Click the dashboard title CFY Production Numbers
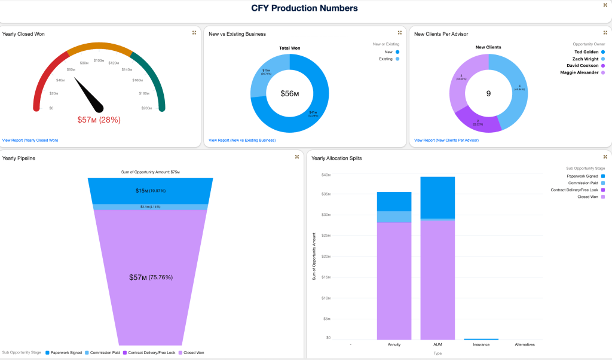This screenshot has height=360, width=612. pyautogui.click(x=305, y=8)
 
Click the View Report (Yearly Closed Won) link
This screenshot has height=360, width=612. pyautogui.click(x=30, y=140)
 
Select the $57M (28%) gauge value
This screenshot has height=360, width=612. pyautogui.click(x=99, y=120)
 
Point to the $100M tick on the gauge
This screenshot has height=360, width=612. pyautogui.click(x=99, y=60)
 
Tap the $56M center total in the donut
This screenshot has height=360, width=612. pyautogui.click(x=290, y=93)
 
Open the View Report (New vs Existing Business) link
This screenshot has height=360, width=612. pyautogui.click(x=242, y=140)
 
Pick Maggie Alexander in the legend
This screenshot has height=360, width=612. pyautogui.click(x=579, y=72)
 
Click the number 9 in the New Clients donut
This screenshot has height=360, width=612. pyautogui.click(x=488, y=93)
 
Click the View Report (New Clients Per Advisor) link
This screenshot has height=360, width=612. pyautogui.click(x=446, y=140)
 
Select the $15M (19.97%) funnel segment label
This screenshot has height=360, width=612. pyautogui.click(x=150, y=191)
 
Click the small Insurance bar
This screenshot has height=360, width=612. pyautogui.click(x=481, y=339)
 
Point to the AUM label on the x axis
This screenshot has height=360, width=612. pyautogui.click(x=437, y=344)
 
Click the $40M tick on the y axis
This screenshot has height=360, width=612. pyautogui.click(x=326, y=175)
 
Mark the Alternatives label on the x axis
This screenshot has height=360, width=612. pyautogui.click(x=524, y=344)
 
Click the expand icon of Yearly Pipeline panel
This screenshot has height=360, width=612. pyautogui.click(x=297, y=157)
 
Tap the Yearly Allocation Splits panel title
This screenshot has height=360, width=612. pyautogui.click(x=336, y=158)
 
